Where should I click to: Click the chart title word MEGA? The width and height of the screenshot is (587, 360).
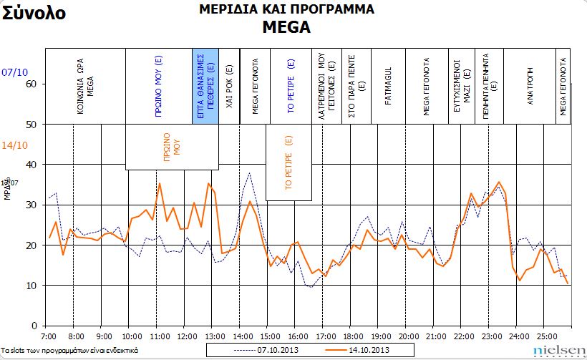286,27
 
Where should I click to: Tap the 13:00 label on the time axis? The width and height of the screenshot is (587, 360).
213,335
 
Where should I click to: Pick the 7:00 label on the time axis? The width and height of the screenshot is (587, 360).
48,335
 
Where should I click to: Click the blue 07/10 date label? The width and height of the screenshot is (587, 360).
15,72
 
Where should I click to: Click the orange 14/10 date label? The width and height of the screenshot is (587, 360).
15,146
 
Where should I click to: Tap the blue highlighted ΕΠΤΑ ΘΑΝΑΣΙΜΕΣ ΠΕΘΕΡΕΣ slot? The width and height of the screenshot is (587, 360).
205,86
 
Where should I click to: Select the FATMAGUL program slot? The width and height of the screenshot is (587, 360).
388,86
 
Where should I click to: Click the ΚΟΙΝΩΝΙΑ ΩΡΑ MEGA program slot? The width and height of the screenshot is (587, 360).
85,86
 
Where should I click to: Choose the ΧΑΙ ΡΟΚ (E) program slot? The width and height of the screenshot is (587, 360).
229,86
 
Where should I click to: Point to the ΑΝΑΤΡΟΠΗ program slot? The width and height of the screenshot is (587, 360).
530,86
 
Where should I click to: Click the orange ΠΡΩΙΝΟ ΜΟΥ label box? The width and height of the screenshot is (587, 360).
172,147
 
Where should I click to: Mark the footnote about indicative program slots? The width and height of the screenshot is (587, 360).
69,351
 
